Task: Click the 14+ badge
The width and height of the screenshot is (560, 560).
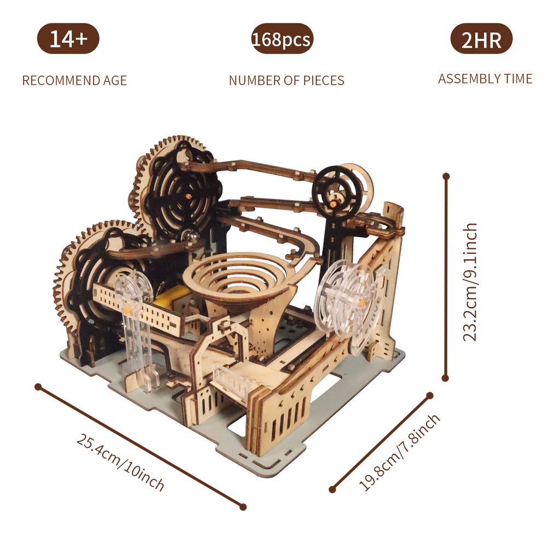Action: [68, 39]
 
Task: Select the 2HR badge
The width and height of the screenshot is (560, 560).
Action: [481, 39]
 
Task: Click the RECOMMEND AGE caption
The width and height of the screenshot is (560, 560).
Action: [74, 81]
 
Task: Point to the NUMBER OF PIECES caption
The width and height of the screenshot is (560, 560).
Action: [287, 81]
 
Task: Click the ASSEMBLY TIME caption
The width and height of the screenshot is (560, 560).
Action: [485, 79]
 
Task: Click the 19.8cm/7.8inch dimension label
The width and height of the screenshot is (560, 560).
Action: [400, 452]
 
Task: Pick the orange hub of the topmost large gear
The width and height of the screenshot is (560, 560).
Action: [187, 196]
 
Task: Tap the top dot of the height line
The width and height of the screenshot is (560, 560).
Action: [446, 177]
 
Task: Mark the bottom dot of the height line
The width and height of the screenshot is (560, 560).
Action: [445, 377]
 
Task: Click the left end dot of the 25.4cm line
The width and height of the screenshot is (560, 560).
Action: [38, 387]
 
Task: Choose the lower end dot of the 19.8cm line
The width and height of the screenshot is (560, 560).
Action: [332, 489]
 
